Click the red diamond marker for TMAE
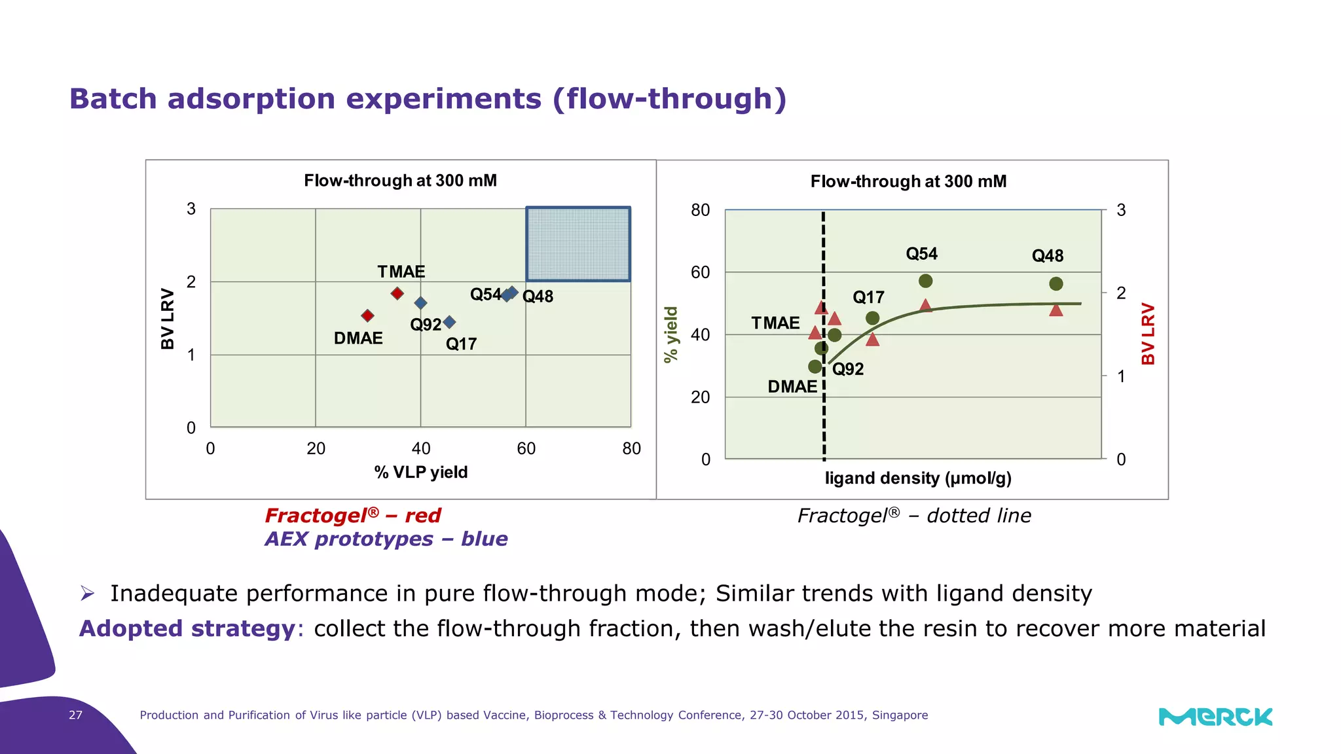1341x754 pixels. (x=397, y=293)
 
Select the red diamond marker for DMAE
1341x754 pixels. (x=367, y=315)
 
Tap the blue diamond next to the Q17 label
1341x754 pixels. (x=449, y=322)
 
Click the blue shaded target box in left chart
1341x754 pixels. (x=578, y=244)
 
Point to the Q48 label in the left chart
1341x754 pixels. (x=538, y=296)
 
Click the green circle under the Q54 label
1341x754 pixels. (x=925, y=281)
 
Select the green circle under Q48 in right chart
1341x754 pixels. (x=1056, y=283)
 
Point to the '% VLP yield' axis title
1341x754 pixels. (x=420, y=472)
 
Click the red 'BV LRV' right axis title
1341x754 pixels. (x=1147, y=334)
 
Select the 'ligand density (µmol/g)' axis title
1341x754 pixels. (x=918, y=478)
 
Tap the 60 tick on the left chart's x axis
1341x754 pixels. (x=526, y=448)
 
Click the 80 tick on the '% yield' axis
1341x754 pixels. (x=700, y=210)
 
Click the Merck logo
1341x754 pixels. (x=1215, y=717)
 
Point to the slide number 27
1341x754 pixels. (x=76, y=715)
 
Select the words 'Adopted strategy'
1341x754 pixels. (x=187, y=628)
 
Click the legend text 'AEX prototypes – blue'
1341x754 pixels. (x=386, y=539)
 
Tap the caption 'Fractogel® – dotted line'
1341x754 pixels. (x=913, y=516)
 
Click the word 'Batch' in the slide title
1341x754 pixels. (x=113, y=99)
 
